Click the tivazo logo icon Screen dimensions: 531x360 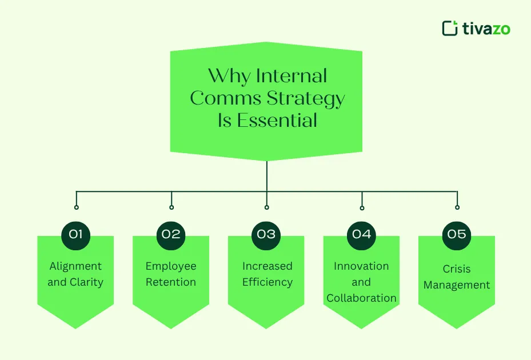click(x=450, y=28)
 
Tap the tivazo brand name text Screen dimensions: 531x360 click(x=486, y=29)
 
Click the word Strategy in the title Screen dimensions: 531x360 click(x=306, y=99)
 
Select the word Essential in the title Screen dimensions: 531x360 click(x=277, y=120)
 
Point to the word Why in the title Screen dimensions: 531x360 click(x=229, y=76)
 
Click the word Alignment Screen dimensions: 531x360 click(x=75, y=266)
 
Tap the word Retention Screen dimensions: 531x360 click(x=171, y=282)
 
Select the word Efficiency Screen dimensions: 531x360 click(x=268, y=282)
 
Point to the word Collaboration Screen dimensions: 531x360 click(x=361, y=298)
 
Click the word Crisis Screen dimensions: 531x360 click(x=457, y=269)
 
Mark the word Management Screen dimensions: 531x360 click(x=457, y=285)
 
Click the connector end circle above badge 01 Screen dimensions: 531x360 click(x=77, y=207)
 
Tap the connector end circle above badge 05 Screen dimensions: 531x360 click(x=457, y=207)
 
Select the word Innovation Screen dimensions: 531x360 click(x=361, y=266)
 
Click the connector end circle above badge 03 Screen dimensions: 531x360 click(x=267, y=207)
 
